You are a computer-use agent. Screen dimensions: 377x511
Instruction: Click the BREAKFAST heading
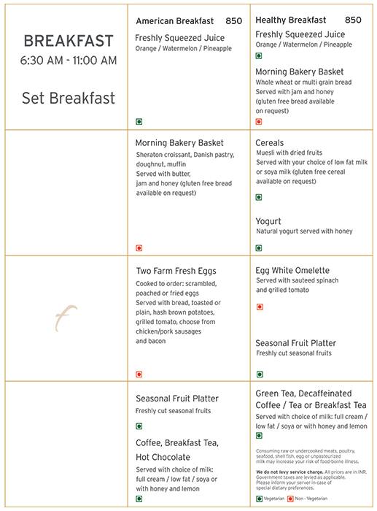tap(69, 41)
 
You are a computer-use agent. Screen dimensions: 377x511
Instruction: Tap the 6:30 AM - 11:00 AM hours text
tap(69, 61)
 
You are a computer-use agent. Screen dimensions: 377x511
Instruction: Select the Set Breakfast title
tap(69, 98)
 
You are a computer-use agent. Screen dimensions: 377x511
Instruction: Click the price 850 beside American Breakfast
tap(233, 21)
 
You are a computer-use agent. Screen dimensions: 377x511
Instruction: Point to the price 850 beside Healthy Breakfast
tap(353, 20)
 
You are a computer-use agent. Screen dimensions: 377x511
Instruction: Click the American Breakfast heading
tap(175, 21)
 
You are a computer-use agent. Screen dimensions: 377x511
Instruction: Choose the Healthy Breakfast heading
tap(291, 20)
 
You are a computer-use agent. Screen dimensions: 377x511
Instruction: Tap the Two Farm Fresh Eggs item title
tap(176, 271)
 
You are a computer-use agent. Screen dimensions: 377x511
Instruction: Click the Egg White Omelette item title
tap(292, 270)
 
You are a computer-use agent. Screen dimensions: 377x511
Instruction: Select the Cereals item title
tap(270, 143)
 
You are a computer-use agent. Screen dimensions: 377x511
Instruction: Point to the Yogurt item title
tap(268, 221)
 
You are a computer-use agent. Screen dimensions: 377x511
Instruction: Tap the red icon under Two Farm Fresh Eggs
tap(139, 374)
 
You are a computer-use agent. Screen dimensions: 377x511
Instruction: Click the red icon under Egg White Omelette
tap(259, 307)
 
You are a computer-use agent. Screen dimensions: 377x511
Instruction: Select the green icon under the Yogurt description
tap(259, 248)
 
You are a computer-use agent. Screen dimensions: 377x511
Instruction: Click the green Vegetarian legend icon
tap(259, 499)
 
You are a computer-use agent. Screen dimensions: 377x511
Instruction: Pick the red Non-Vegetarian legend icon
tap(290, 499)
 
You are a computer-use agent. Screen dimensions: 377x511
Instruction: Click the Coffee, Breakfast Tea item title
tap(177, 443)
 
